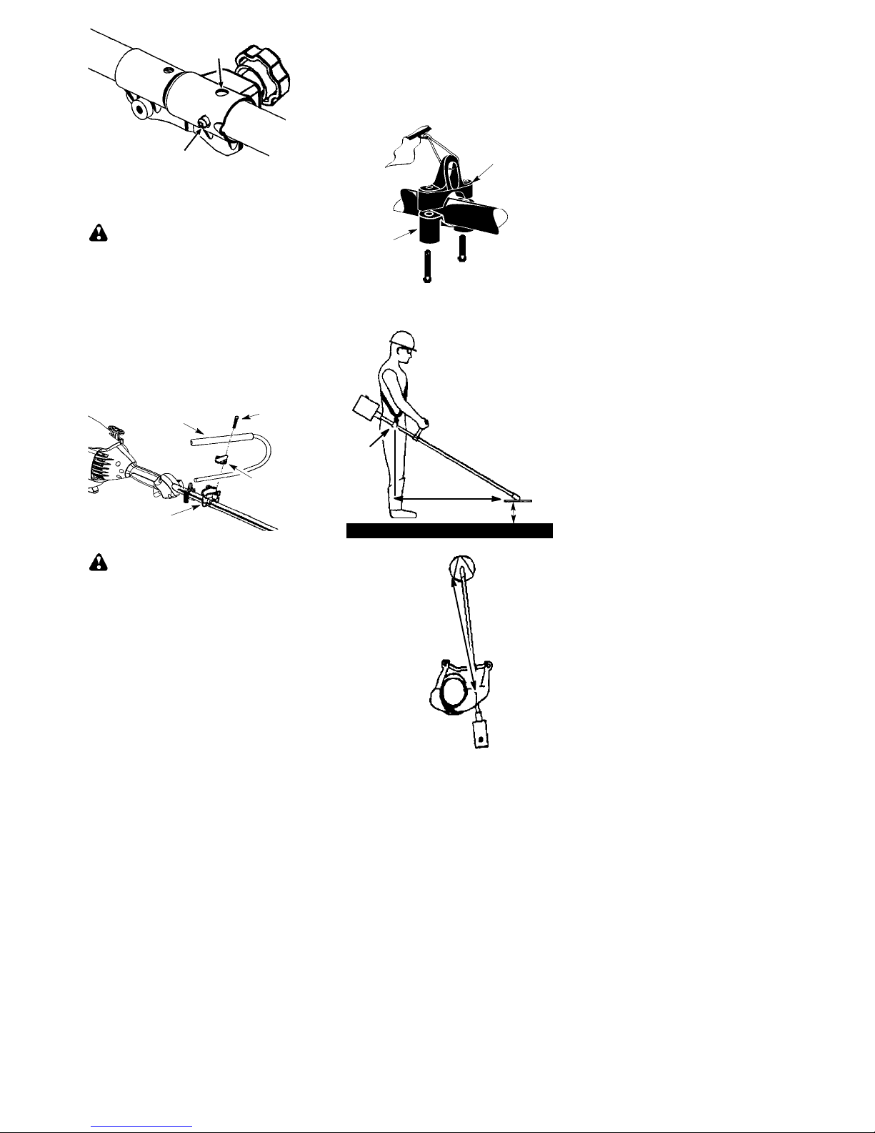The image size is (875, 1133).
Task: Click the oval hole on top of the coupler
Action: point(224,92)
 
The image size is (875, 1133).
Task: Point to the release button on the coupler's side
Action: point(204,123)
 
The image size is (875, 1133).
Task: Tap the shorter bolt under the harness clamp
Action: point(461,247)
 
